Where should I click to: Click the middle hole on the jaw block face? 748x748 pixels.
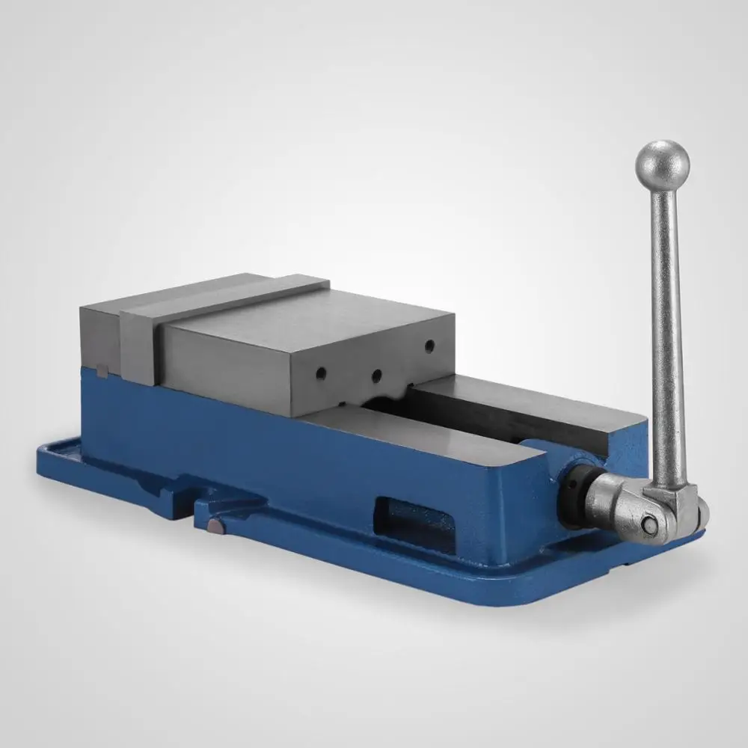377,373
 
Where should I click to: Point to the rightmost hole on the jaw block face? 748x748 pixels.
429,346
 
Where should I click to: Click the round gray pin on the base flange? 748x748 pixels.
215,528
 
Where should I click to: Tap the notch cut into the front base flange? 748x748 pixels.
183,497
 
